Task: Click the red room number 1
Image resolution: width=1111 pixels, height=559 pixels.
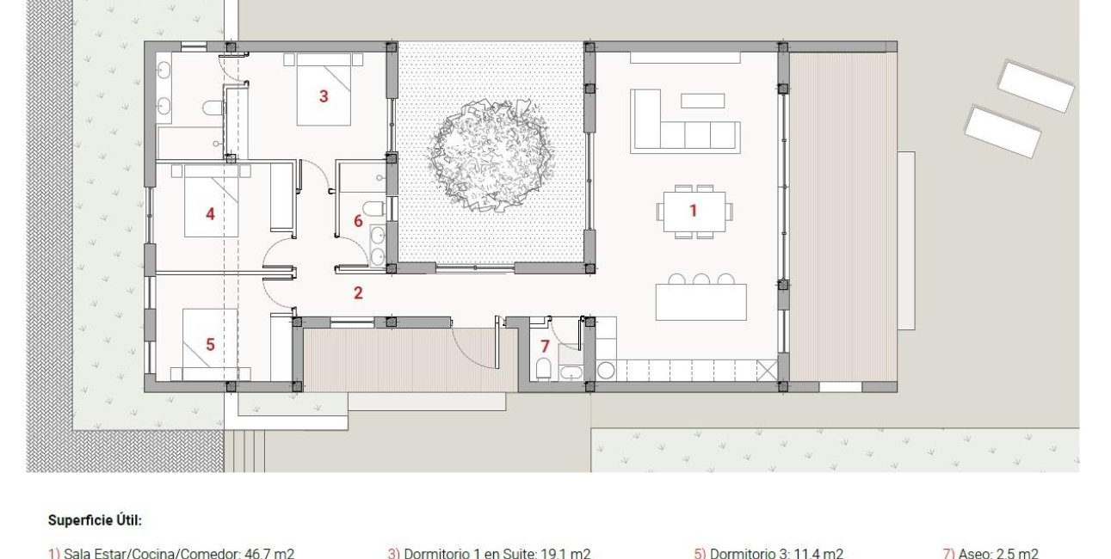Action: coord(693,210)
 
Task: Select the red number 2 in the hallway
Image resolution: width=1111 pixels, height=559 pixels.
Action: coord(358,292)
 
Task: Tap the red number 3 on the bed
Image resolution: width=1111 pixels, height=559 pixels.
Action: coord(324,96)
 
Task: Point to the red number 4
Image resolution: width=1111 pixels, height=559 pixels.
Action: coord(210,214)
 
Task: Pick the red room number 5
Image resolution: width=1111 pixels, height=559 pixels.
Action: coord(210,344)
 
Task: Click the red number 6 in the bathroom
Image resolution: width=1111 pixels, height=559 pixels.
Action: coord(358,221)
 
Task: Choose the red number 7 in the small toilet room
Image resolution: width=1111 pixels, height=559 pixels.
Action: coord(544,347)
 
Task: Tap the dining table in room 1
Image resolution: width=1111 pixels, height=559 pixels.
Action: coord(694,211)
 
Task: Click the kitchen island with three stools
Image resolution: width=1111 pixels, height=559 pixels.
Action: coord(701,302)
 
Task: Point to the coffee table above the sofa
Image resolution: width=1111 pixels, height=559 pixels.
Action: coord(702,101)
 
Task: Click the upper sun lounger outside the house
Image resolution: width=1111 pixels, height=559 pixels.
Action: coord(1035,86)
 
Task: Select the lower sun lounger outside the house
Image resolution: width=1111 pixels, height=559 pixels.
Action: coord(1003,132)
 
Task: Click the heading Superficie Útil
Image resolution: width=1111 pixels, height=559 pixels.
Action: coord(95,520)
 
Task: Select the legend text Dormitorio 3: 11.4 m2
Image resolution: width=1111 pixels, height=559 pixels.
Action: coord(768,553)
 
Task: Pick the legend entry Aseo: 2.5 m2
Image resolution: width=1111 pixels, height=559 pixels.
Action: coord(991,553)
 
